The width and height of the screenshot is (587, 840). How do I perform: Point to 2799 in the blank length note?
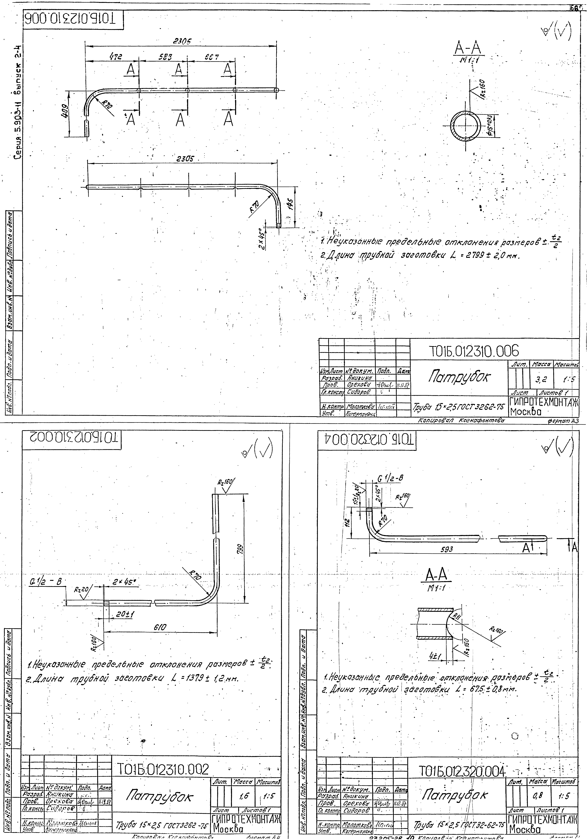point(465,256)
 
